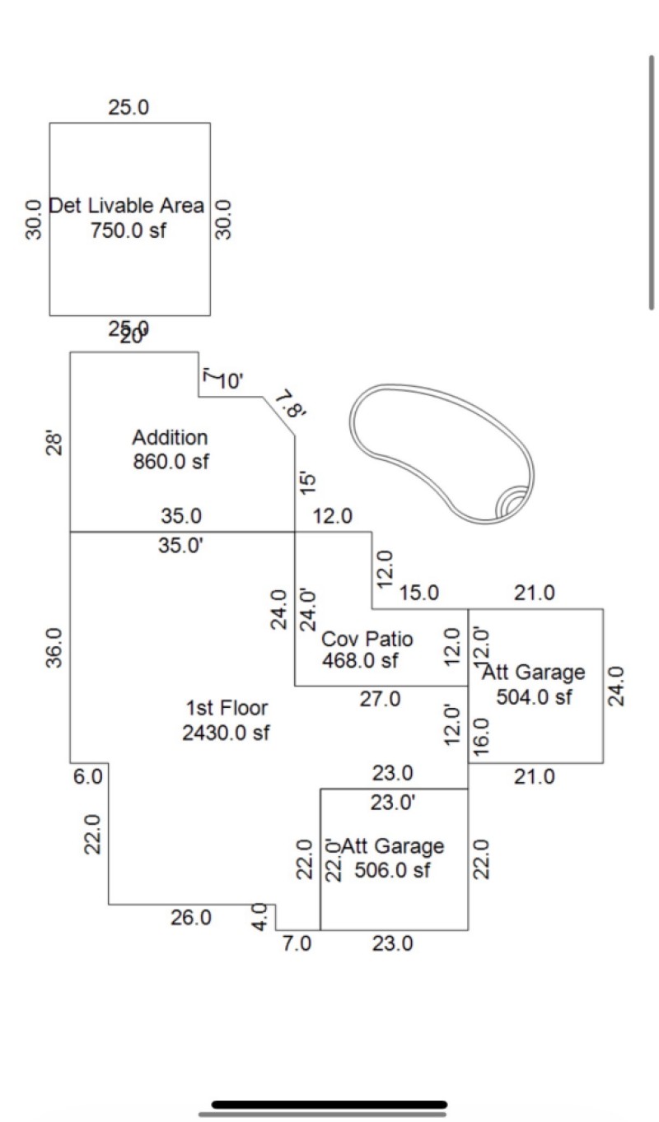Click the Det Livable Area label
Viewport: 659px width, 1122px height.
pyautogui.click(x=127, y=206)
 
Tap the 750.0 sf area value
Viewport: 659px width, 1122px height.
pyautogui.click(x=128, y=230)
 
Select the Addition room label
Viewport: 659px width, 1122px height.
pyautogui.click(x=171, y=437)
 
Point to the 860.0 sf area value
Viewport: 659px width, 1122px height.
pyautogui.click(x=171, y=461)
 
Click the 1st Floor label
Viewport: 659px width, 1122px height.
pyautogui.click(x=227, y=708)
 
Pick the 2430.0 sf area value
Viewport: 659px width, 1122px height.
pyautogui.click(x=227, y=733)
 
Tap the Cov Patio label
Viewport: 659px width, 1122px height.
pyautogui.click(x=367, y=640)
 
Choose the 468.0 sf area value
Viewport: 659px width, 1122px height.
pyautogui.click(x=360, y=661)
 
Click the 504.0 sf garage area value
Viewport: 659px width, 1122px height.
pyautogui.click(x=534, y=697)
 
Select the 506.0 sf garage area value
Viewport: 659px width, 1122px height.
pyautogui.click(x=392, y=870)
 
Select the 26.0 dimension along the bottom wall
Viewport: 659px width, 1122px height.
pyautogui.click(x=190, y=918)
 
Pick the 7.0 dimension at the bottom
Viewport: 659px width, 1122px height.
pyautogui.click(x=297, y=944)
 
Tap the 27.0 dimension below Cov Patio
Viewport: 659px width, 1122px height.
pyautogui.click(x=380, y=699)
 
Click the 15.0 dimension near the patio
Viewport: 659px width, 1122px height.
pyautogui.click(x=420, y=594)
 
